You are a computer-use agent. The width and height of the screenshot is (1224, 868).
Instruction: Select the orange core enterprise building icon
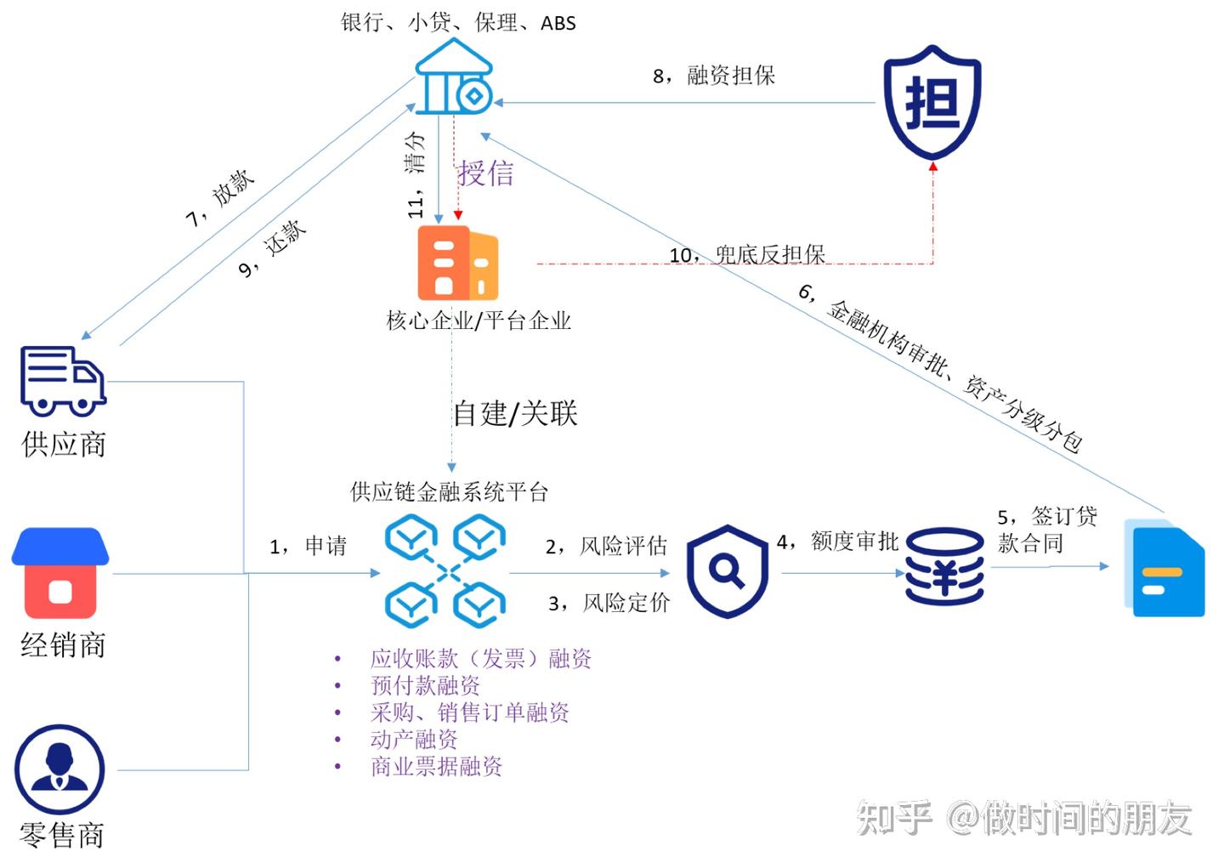coord(457,263)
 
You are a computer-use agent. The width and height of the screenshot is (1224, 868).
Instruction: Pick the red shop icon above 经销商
coord(60,573)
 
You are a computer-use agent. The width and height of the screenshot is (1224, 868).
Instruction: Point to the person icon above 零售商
coord(59,769)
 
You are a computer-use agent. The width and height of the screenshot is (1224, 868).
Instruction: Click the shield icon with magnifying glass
coord(727,571)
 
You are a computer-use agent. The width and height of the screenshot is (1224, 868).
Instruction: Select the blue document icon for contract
coord(1164,568)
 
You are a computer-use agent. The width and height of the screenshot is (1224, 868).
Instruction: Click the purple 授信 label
coord(486,173)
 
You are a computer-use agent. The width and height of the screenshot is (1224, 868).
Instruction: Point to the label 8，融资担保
coord(713,76)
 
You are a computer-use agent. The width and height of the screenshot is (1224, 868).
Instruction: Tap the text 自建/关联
coord(515,414)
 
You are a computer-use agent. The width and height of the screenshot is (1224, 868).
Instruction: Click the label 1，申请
coord(308,546)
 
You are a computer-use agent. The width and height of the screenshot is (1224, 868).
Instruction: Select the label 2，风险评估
coord(606,546)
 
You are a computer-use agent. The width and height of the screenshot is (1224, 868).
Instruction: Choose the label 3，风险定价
coord(609,604)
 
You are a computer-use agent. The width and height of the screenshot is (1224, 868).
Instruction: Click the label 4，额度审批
coord(837,542)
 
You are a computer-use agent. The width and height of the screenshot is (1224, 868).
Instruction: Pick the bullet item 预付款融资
coord(425,685)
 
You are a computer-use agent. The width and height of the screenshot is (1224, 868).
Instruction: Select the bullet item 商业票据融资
coord(436,767)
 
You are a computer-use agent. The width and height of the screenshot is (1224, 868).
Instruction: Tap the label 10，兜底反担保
coord(747,254)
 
